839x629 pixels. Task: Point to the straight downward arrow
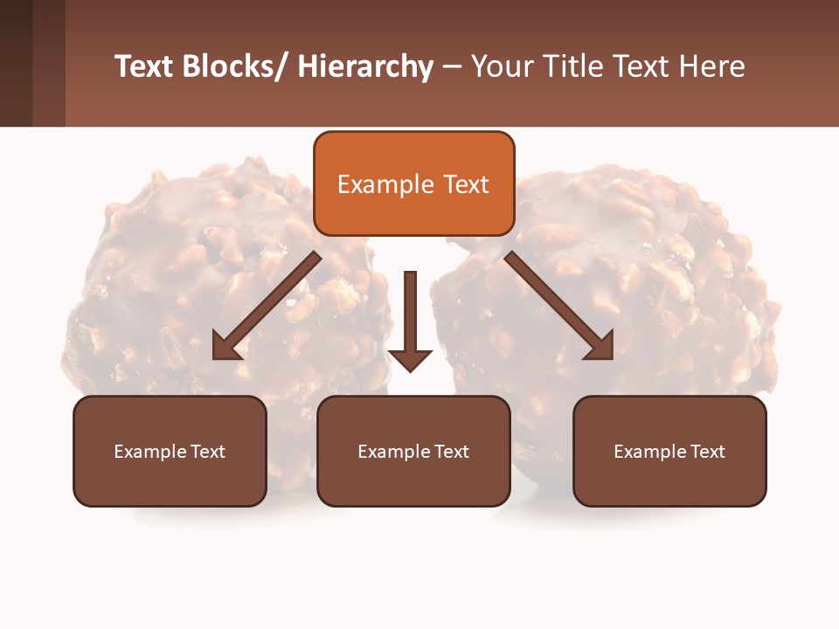coord(410,320)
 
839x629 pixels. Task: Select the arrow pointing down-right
coord(559,307)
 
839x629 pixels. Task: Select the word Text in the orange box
coord(466,184)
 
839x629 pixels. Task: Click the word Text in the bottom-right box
coord(706,452)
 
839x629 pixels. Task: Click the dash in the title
coord(452,66)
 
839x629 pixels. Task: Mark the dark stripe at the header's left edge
coord(16,63)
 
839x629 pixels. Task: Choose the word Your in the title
coord(501,66)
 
